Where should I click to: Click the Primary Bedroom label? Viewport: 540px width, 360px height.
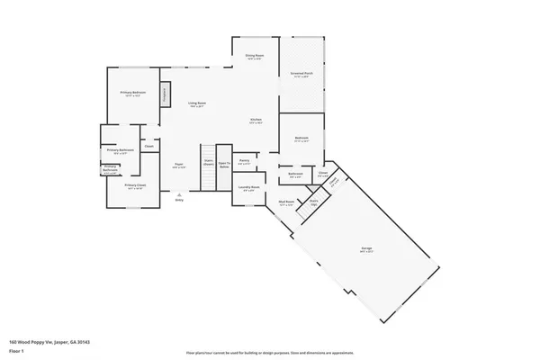click(133, 94)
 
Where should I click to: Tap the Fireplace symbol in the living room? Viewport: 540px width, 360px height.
click(166, 94)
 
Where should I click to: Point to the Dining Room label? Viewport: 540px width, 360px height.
click(255, 57)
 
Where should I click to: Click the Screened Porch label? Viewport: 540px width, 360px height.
click(301, 75)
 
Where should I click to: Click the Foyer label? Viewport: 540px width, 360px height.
click(179, 166)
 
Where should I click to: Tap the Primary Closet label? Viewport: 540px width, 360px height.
click(135, 186)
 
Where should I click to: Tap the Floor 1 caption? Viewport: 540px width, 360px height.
click(15, 351)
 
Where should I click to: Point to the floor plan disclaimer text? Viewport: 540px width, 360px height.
click(270, 353)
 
